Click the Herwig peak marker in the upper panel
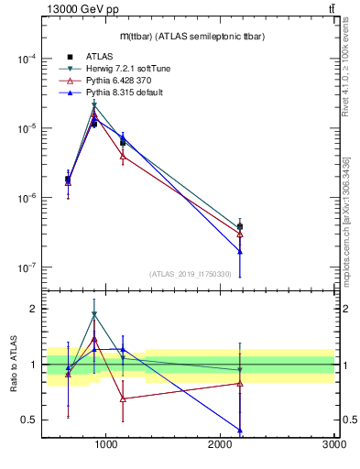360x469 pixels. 94,105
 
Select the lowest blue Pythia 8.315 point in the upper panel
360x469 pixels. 240,251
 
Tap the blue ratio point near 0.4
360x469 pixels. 240,430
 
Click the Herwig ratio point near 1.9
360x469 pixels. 94,314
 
